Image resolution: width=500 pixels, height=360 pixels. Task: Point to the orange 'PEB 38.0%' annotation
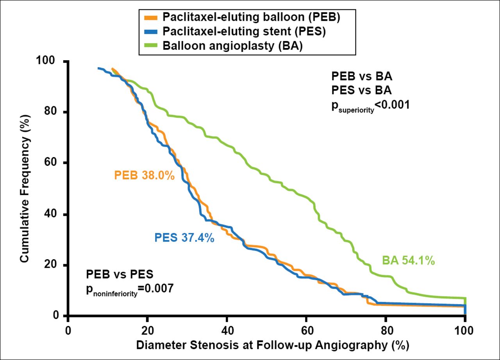coord(144,176)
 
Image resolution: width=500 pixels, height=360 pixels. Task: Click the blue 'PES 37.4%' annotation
coord(184,237)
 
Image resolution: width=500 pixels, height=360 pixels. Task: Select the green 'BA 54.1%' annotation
coord(408,261)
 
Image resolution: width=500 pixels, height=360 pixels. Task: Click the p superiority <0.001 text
coord(370,105)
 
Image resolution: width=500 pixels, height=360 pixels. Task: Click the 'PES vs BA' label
coord(361,90)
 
